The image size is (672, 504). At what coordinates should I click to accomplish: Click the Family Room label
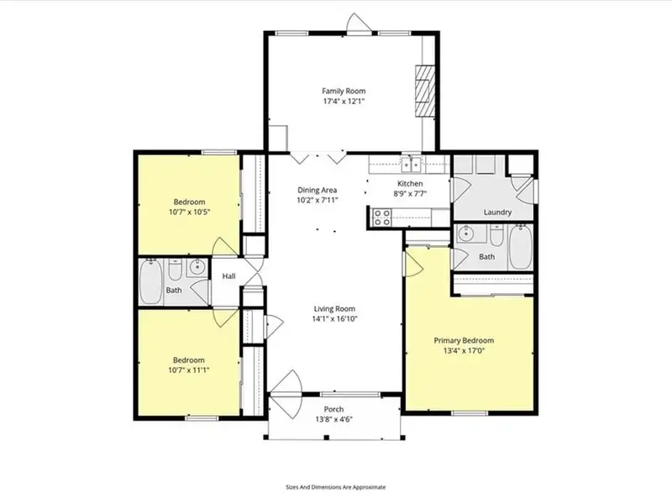click(x=344, y=91)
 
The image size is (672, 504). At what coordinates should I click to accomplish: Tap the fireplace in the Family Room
click(x=425, y=91)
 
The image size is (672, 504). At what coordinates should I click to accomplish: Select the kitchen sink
click(x=411, y=164)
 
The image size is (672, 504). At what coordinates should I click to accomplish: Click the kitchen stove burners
click(x=381, y=218)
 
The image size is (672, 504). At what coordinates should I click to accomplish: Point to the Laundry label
click(x=497, y=213)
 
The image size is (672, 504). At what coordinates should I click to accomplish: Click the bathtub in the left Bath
click(x=150, y=281)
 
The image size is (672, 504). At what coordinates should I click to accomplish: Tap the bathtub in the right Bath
click(x=520, y=247)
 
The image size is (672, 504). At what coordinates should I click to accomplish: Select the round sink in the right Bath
click(x=465, y=234)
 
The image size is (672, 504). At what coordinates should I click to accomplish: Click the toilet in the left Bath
click(x=175, y=270)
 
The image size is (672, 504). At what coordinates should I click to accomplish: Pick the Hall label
click(x=228, y=276)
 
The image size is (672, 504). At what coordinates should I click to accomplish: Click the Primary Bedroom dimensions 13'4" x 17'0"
click(x=465, y=351)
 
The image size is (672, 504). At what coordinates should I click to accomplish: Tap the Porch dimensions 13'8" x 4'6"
click(x=333, y=419)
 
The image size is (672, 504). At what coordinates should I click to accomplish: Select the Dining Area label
click(x=318, y=190)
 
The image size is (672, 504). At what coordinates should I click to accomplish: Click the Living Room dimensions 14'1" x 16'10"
click(x=334, y=319)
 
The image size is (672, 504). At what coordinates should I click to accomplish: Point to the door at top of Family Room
click(x=360, y=24)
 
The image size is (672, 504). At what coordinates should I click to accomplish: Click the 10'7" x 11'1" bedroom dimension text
click(x=188, y=370)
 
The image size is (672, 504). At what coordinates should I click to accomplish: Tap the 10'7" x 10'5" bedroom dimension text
click(x=189, y=212)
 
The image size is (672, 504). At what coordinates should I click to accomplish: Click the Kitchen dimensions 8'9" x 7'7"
click(x=410, y=194)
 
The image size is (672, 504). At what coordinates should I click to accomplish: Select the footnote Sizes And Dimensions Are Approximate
click(x=335, y=487)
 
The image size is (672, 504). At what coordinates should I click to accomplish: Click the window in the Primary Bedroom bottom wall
click(x=470, y=413)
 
